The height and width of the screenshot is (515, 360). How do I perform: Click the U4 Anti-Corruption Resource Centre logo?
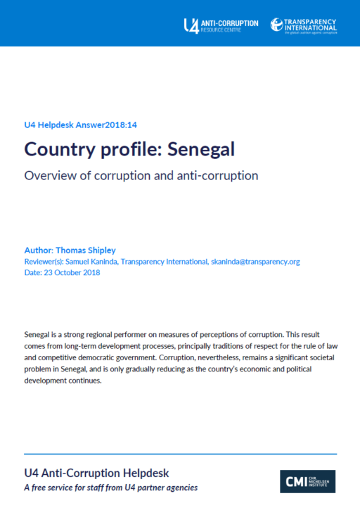(220, 25)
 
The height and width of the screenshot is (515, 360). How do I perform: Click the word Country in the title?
(56, 149)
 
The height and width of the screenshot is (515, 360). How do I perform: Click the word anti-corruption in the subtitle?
(219, 175)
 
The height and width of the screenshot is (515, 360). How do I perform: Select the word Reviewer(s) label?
(44, 261)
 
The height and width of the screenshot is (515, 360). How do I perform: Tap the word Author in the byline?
(37, 250)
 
